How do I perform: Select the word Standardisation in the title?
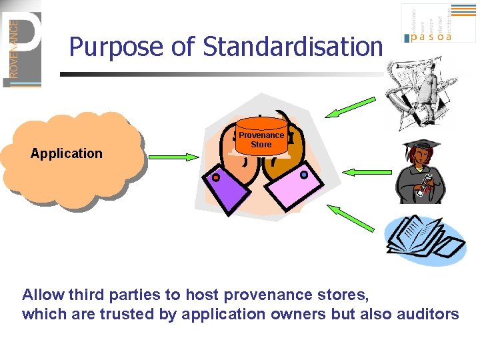pyautogui.click(x=293, y=47)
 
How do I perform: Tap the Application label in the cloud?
pyautogui.click(x=67, y=153)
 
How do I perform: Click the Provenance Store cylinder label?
pyautogui.click(x=261, y=139)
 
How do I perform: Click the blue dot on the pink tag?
pyautogui.click(x=304, y=175)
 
